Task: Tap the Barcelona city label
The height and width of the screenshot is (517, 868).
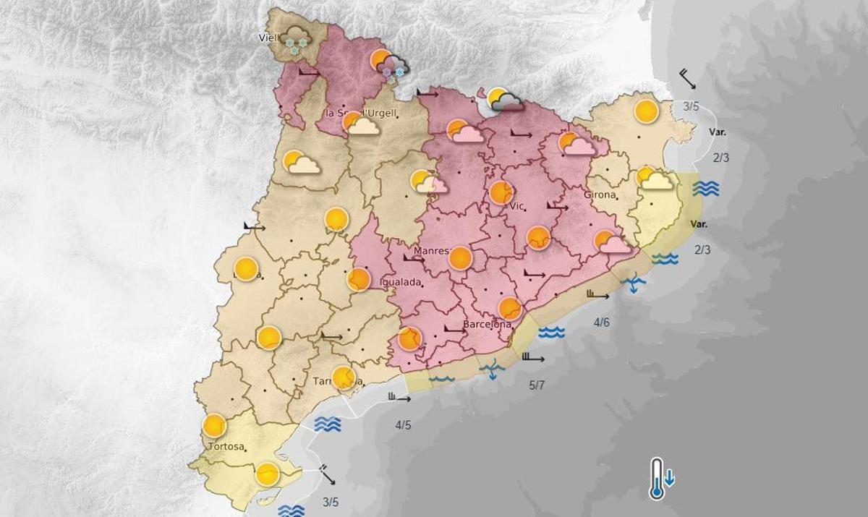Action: [487, 325]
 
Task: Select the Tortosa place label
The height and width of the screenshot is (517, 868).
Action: [226, 446]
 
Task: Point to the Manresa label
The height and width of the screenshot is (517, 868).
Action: [432, 252]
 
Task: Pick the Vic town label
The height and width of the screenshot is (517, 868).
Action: [516, 206]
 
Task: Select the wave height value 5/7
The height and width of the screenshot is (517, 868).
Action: [537, 385]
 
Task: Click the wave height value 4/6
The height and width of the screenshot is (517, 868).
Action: [601, 322]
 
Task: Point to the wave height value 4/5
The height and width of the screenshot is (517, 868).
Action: [403, 425]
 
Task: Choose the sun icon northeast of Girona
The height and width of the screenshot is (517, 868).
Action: [646, 111]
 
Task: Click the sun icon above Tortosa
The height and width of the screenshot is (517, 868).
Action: [214, 426]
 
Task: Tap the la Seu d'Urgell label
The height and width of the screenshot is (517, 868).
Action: [360, 114]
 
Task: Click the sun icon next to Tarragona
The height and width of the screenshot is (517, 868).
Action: [344, 377]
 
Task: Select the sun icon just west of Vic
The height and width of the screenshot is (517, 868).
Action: [501, 192]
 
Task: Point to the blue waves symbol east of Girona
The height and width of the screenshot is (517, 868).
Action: [705, 189]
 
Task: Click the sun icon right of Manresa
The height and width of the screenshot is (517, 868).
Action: [460, 258]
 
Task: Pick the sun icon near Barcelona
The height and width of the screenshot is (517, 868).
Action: [510, 309]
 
